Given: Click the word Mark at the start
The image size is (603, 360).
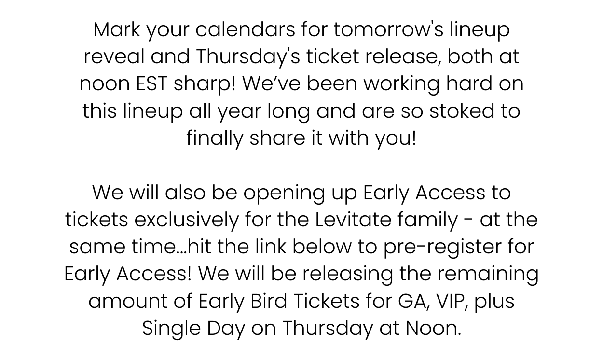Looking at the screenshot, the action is tap(117, 29).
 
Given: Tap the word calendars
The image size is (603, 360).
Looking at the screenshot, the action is tap(245, 29).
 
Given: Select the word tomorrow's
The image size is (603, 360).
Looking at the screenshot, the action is tap(388, 29).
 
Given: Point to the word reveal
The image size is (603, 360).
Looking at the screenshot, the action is tap(114, 56).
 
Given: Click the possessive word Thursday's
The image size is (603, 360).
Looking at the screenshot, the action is tap(248, 57).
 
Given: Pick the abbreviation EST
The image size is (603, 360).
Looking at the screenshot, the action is tap(152, 84).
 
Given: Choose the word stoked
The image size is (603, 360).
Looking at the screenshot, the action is tap(462, 111).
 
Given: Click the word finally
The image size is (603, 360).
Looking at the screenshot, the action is tap(215, 139).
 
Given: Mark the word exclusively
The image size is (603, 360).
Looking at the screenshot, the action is tap(187, 220).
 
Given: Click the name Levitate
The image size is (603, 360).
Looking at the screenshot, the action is tap(353, 220).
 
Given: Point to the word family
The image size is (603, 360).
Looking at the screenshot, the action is tap(427, 220).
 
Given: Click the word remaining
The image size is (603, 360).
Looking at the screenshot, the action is tap(488, 275).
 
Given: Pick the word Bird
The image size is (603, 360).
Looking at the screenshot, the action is tap(269, 301).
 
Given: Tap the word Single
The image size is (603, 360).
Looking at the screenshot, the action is tap(171, 329).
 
